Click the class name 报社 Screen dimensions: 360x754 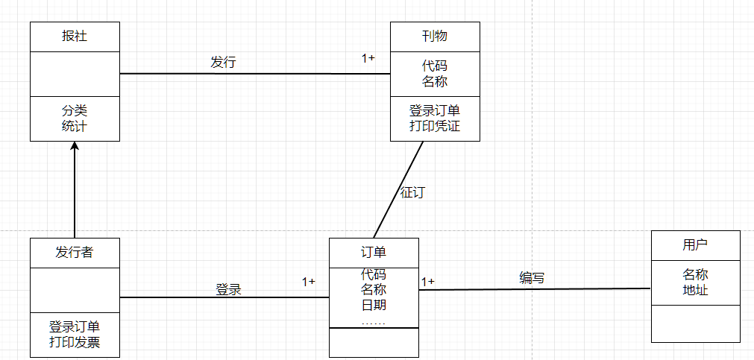coord(75,36)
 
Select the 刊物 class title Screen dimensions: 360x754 coord(435,36)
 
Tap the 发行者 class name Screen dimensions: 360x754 coord(75,252)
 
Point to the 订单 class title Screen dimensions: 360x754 coord(374,252)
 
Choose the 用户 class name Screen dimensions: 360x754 coord(695,244)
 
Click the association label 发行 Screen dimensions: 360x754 coord(223,62)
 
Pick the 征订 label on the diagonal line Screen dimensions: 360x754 coord(412,192)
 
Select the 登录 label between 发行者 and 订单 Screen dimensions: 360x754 coord(229,289)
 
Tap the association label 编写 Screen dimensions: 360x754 coord(532,278)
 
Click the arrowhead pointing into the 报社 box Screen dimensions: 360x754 coord(75,147)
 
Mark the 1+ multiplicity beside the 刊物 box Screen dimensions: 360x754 coord(368,57)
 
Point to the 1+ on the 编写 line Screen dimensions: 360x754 coord(428,281)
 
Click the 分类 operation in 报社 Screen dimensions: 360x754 coord(75,110)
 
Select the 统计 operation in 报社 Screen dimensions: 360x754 coord(75,126)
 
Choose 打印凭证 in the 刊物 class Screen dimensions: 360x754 coord(435,126)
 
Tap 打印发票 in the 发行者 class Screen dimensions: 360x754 coord(75,342)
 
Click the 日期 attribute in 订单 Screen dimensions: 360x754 coord(374,304)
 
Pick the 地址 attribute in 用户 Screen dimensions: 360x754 coord(695,289)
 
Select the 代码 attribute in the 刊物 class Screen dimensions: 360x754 coord(435,66)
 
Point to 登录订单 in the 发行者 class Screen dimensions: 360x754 coord(75,326)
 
